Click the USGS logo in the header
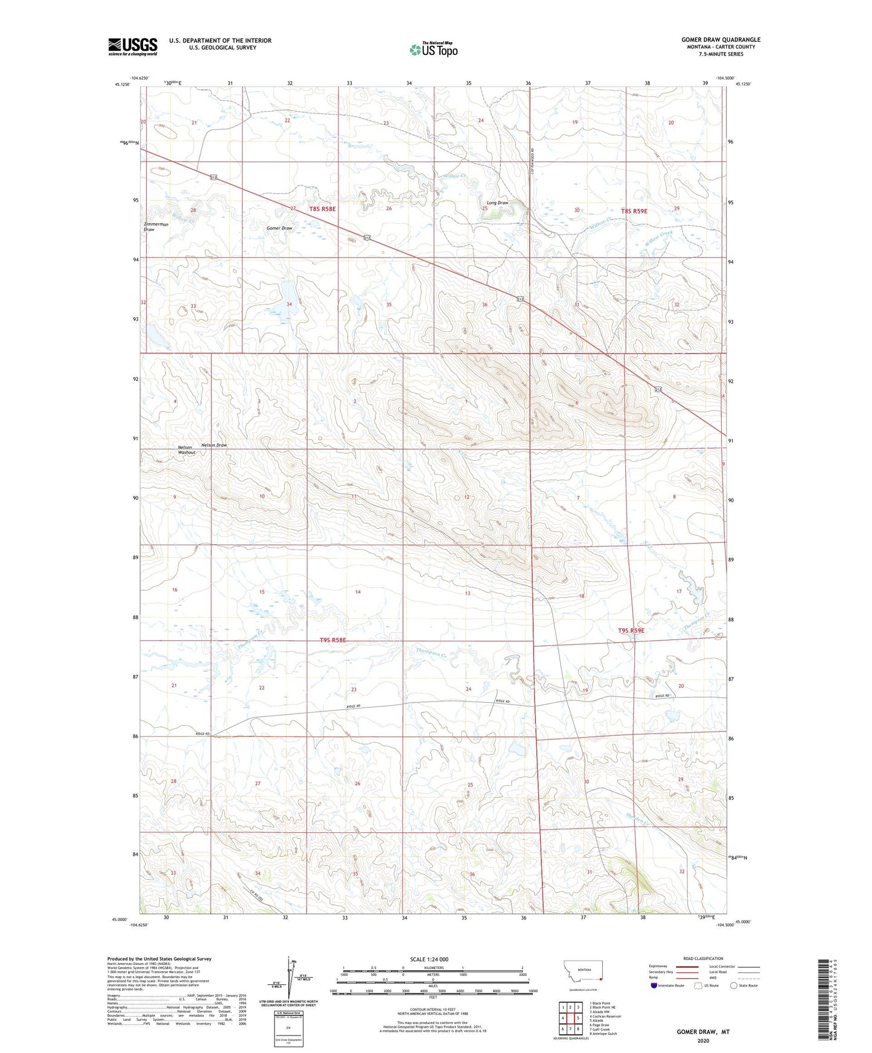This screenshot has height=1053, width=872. tap(132, 46)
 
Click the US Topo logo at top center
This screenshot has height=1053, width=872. tap(433, 49)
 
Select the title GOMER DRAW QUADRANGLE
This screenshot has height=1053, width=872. tap(721, 40)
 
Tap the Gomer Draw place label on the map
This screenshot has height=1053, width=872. tap(279, 229)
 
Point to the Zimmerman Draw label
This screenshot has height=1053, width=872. tap(155, 226)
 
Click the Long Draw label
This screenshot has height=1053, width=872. tap(497, 203)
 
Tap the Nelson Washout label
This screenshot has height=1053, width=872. tap(186, 449)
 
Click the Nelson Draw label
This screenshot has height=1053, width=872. tap(214, 445)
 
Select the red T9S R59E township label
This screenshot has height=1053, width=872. tap(631, 630)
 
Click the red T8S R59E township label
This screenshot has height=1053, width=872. tap(634, 211)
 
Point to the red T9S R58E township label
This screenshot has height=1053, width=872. tap(333, 640)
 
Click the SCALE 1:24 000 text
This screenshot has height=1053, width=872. tap(429, 959)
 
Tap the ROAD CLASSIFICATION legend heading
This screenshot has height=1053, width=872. tap(703, 958)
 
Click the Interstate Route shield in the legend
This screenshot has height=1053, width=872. tap(654, 985)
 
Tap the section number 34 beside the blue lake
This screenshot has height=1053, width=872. tap(289, 304)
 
